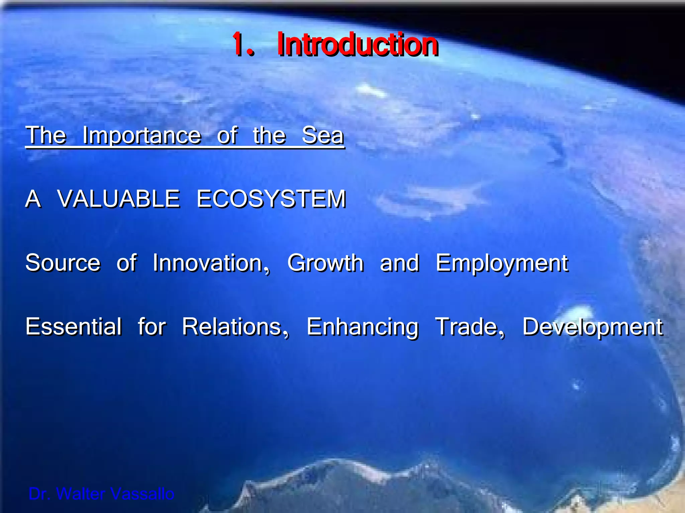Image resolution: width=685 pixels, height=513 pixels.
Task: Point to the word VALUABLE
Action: click(x=119, y=199)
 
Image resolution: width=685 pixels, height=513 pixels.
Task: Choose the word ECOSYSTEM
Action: click(x=271, y=199)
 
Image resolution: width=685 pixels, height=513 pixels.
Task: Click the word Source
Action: click(x=63, y=263)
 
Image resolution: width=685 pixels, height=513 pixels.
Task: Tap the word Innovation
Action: click(x=211, y=263)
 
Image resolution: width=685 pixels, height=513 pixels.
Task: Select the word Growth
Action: click(x=325, y=263)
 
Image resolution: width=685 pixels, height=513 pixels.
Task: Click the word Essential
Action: click(x=74, y=327)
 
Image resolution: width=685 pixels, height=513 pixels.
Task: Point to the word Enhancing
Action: click(x=362, y=327)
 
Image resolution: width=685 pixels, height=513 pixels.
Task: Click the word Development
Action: click(x=592, y=327)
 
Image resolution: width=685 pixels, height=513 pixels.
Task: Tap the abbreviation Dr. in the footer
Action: click(x=39, y=494)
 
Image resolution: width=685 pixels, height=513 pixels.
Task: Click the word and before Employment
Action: click(x=399, y=263)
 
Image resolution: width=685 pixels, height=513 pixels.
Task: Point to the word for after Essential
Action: click(x=152, y=327)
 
